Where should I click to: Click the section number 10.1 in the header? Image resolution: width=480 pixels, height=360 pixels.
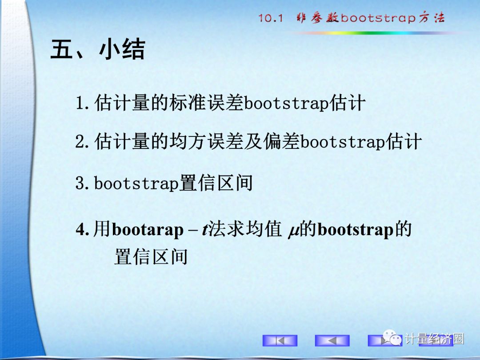coord(271,18)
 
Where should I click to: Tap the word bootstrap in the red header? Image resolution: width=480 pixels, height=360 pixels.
coord(378,18)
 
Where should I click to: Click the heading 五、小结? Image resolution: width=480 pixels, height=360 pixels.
coord(98,49)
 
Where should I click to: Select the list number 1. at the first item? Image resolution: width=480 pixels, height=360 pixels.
coord(82,103)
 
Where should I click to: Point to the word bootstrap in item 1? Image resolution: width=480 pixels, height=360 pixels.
coord(287,103)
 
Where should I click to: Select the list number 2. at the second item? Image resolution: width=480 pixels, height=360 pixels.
coord(82,142)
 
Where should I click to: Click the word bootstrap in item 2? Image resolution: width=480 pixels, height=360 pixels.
coord(343,142)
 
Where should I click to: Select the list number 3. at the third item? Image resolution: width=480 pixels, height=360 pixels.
coord(82,183)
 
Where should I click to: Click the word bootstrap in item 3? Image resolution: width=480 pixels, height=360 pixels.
coord(136,183)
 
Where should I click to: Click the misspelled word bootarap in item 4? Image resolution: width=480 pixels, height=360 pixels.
coord(148,230)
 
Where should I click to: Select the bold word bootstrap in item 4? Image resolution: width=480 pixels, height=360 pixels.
coord(356,230)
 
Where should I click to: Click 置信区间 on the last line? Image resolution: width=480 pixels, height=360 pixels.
coord(151,256)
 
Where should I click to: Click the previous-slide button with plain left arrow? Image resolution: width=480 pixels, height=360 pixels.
coord(332,340)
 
